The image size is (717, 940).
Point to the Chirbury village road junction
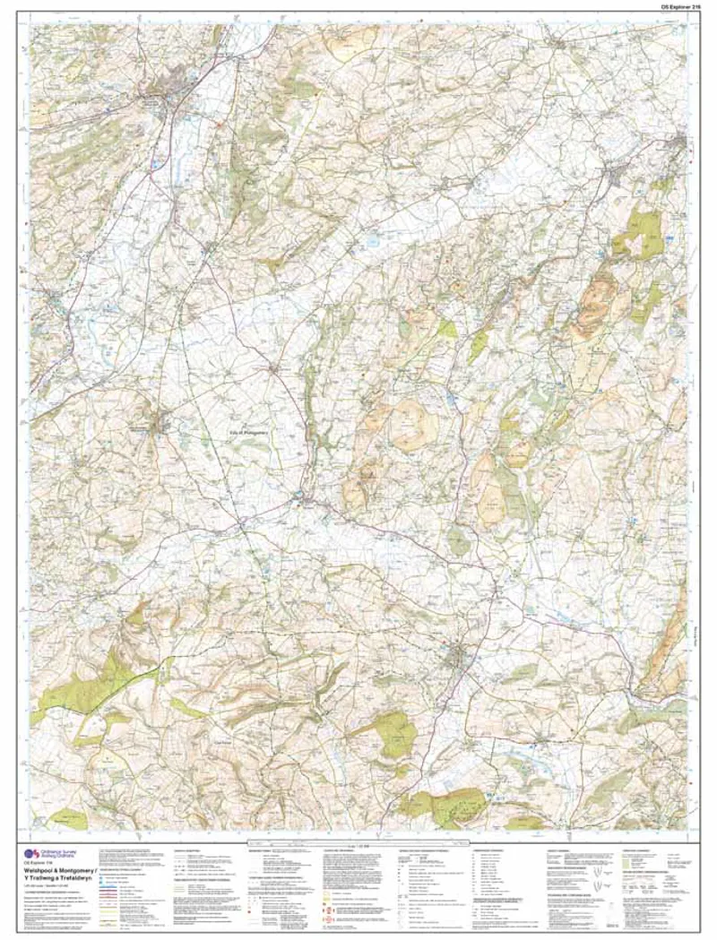point(273,367)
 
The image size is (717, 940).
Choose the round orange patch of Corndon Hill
point(409,421)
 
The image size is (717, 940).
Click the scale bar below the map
point(358,843)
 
